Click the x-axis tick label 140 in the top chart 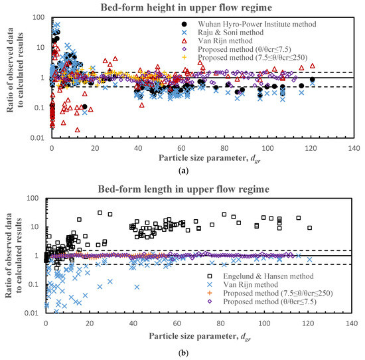(354, 148)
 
